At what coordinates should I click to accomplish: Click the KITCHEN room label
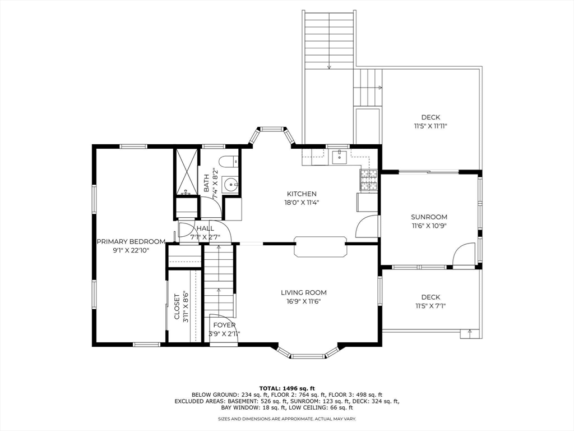pos(301,194)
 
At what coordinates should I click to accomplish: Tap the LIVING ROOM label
pos(303,292)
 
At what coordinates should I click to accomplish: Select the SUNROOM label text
pos(429,217)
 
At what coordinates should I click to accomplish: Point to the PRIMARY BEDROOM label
pos(131,241)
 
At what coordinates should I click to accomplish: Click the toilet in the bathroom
pos(229,162)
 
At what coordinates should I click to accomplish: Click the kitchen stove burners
pos(369,180)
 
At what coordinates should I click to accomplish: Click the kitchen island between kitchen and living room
pos(320,246)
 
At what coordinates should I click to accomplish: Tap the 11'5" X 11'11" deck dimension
pos(430,126)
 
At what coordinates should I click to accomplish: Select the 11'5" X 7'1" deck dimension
pos(430,306)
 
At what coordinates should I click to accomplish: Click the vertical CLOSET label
pos(177,306)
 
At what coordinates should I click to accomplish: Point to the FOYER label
pos(224,325)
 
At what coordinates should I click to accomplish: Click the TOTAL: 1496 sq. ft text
pos(287,388)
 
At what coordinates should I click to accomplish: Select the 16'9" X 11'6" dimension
pos(303,301)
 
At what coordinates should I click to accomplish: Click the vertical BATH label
pos(206,184)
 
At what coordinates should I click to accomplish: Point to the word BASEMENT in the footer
pos(224,401)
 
